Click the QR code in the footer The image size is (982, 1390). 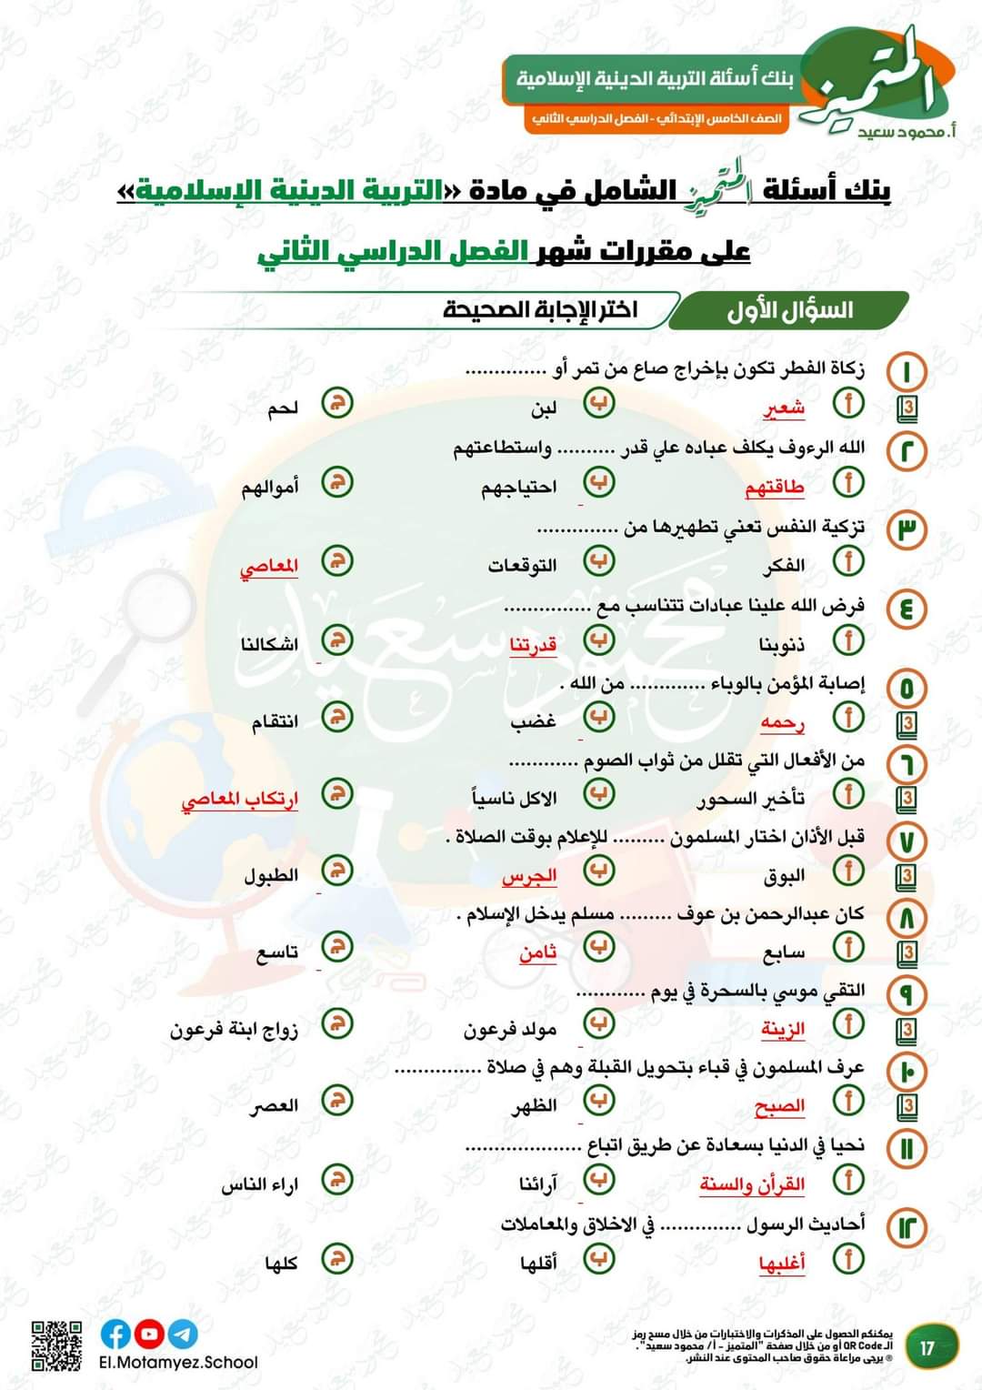coord(56,1345)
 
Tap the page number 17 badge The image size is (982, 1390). coord(927,1346)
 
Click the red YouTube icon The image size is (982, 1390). coord(149,1334)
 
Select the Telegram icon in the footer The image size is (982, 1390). coord(183,1334)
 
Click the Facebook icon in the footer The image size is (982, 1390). coord(115,1334)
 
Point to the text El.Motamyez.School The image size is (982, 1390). coord(178,1363)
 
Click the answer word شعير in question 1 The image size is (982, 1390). coord(784,408)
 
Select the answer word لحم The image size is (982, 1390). coord(283,408)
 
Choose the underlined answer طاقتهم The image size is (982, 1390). coord(775,488)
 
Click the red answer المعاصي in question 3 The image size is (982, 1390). coord(269,566)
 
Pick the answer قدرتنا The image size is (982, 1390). coord(533,645)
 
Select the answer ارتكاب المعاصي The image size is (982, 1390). coord(240,799)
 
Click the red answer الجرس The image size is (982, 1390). coord(529,876)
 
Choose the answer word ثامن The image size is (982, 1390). coord(537,952)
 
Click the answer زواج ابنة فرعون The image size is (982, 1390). coord(234,1030)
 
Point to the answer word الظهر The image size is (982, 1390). coord(534,1106)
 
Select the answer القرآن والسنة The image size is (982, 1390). coord(752,1184)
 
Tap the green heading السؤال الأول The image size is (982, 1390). coord(789,310)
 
